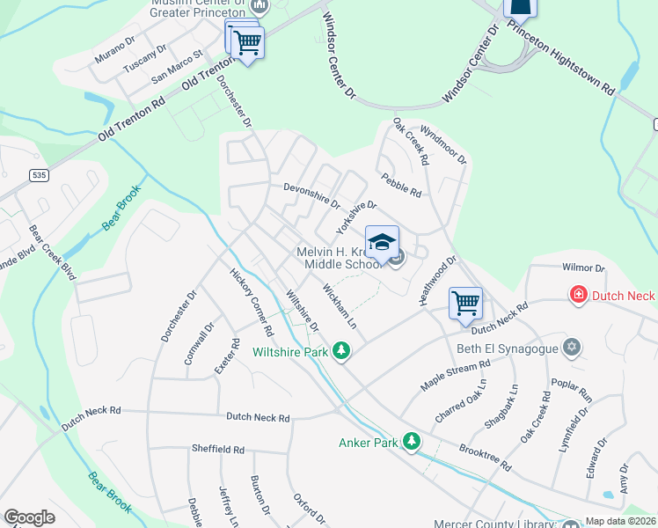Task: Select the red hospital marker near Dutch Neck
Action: click(579, 296)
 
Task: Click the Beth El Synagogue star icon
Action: click(573, 348)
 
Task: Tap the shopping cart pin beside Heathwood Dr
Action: click(465, 304)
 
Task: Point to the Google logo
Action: click(29, 517)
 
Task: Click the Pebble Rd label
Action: click(402, 186)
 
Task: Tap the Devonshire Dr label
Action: click(311, 195)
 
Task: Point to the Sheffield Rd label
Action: click(218, 449)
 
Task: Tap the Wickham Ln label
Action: click(340, 305)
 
